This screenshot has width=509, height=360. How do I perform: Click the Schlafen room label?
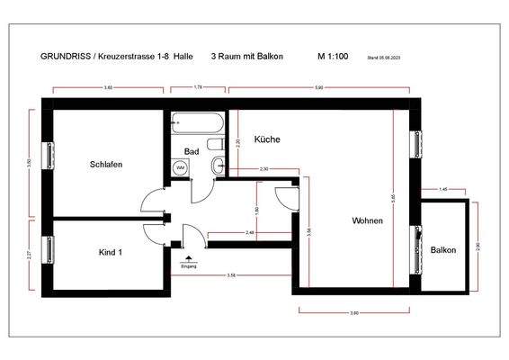click(106, 165)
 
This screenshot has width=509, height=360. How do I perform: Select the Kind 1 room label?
click(111, 252)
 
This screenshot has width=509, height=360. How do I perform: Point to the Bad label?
click(192, 151)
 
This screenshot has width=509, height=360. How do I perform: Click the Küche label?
click(267, 139)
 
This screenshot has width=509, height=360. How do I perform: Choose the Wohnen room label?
click(367, 220)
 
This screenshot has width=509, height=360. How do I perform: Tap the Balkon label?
click(443, 249)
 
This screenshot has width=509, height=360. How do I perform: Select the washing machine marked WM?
click(180, 167)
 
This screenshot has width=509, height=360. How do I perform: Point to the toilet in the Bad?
click(215, 144)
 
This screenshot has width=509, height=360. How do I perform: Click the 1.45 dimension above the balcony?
click(443, 190)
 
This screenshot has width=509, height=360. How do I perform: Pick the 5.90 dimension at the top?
click(318, 87)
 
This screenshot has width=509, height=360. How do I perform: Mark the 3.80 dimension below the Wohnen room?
click(354, 312)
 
